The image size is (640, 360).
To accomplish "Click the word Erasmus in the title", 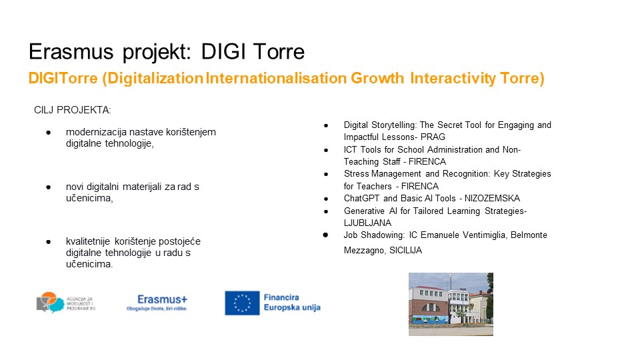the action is pyautogui.click(x=71, y=52).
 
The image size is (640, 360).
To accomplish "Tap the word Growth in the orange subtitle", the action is pyautogui.click(x=377, y=78).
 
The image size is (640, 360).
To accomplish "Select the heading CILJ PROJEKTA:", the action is pyautogui.click(x=73, y=110).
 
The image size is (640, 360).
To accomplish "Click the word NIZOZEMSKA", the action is pyautogui.click(x=492, y=199).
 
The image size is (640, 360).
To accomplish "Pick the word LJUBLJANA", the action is pyautogui.click(x=367, y=223).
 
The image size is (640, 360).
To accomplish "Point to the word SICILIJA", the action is pyautogui.click(x=405, y=250).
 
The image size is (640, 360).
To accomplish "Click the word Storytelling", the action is pyautogui.click(x=394, y=125).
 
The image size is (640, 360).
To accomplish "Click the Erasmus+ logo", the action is pyautogui.click(x=157, y=303).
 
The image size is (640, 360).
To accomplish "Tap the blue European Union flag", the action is pyautogui.click(x=242, y=303).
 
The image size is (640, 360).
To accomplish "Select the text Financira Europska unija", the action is pyautogui.click(x=292, y=303).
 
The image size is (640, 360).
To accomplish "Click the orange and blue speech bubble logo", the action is pyautogui.click(x=50, y=303).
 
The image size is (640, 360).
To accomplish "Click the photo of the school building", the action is pyautogui.click(x=451, y=305).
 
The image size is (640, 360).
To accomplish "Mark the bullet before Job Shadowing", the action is pyautogui.click(x=325, y=235).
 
